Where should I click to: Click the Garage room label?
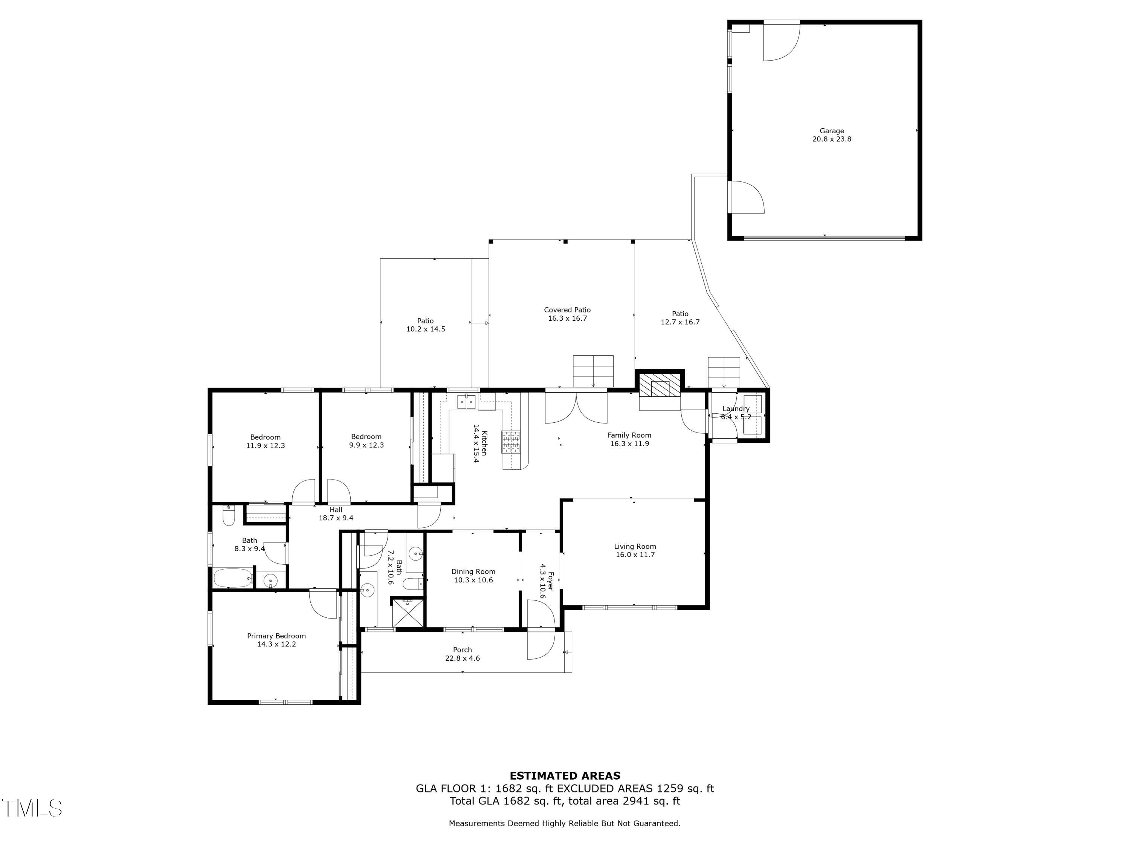[x=832, y=131]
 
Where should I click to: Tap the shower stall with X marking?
[x=408, y=612]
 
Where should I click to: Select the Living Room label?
[x=634, y=546]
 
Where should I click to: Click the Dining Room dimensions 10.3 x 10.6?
[x=473, y=580]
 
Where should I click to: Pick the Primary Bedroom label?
[x=276, y=636]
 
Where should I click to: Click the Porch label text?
[x=462, y=650]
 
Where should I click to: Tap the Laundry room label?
[x=736, y=408]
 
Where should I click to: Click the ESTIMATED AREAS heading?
[x=565, y=776]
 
